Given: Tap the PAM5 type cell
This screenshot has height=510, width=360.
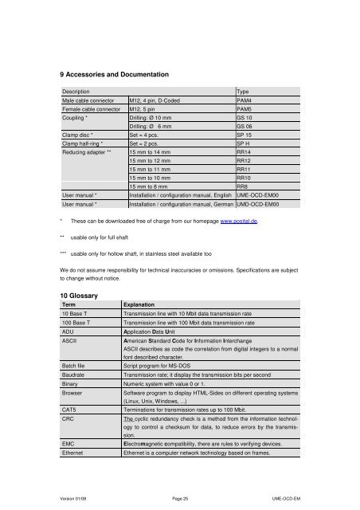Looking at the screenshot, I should point(245,109).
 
